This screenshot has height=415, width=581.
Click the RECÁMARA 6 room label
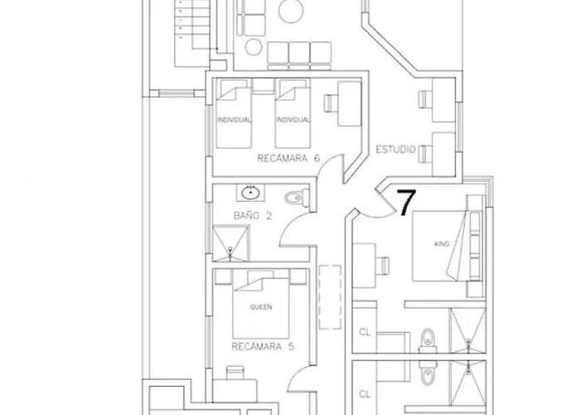[x=288, y=159]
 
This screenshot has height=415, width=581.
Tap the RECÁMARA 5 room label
[x=263, y=346]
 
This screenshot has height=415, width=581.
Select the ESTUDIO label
[x=396, y=149]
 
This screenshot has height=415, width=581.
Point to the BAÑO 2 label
[x=252, y=215]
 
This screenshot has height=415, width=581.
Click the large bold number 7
[x=407, y=203]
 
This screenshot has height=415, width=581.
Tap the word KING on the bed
[x=442, y=244]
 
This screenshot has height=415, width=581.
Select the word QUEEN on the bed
[x=261, y=307]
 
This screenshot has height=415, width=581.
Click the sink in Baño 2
[x=251, y=193]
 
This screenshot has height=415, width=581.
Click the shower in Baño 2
[x=231, y=243]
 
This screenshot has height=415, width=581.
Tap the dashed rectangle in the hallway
[x=330, y=297]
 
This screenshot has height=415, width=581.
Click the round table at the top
[x=290, y=11]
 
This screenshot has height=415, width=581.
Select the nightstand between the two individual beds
[x=263, y=86]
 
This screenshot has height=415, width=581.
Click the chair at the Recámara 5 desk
[x=235, y=373]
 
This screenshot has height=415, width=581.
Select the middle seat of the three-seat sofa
[x=299, y=56]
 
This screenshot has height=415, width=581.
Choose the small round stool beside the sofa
[x=253, y=47]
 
